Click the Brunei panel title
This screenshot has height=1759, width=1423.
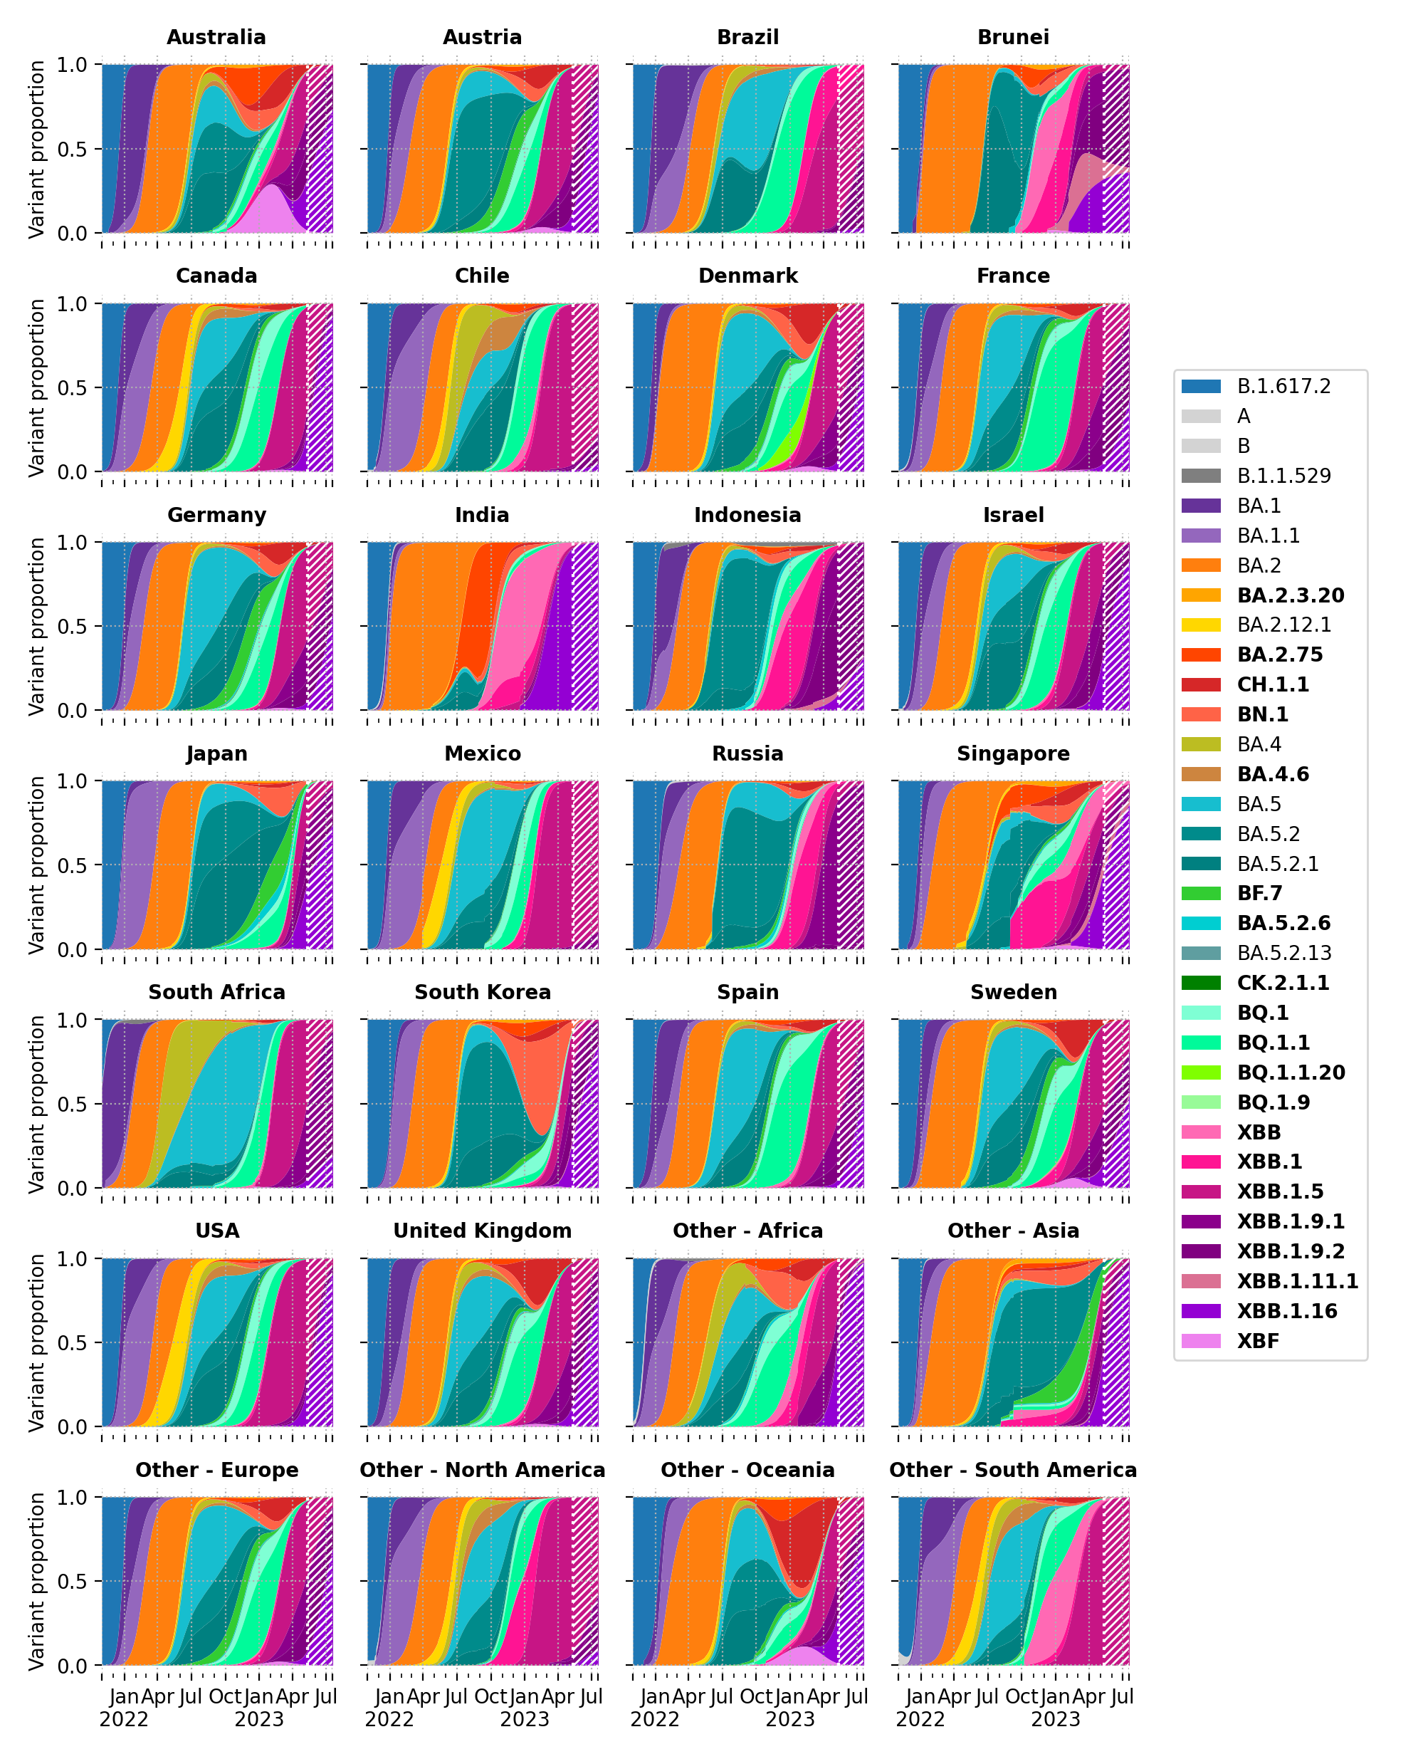coord(1012,38)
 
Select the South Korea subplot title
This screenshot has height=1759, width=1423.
coord(482,992)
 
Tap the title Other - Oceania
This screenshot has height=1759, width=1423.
coord(747,1470)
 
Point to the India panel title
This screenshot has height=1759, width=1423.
coord(482,515)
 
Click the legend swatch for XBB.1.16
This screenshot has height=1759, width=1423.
coord(1200,1311)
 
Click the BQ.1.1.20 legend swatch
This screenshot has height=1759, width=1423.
coord(1200,1072)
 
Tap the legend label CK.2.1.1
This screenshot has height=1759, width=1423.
coord(1283,983)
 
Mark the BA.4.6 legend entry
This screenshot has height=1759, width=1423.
coord(1272,774)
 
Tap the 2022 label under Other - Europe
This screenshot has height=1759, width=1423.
coord(124,1719)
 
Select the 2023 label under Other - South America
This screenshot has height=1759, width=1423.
coord(1055,1719)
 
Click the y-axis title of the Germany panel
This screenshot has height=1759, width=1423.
coord(36,627)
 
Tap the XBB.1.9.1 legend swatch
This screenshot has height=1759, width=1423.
coord(1200,1222)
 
